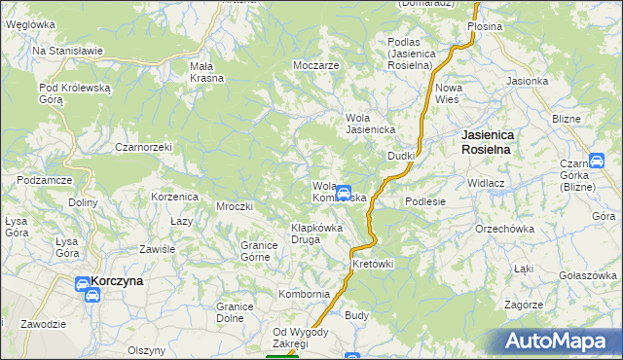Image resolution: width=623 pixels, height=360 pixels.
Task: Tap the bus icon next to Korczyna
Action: pos(84,283)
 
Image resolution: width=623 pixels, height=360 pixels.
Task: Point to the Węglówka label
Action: pos(29,23)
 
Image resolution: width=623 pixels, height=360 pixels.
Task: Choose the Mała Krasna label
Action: pos(207,72)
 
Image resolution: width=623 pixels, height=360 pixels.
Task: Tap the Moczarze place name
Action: pos(315,65)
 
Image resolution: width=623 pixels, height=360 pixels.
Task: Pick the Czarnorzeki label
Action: pos(143,147)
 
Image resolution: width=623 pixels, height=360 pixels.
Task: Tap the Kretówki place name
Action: pos(373,264)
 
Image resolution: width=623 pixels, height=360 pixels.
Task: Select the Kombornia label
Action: pos(304,293)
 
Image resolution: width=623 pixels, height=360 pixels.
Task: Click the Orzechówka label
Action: pos(505,229)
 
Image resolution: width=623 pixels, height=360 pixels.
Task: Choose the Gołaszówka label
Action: pos(590,275)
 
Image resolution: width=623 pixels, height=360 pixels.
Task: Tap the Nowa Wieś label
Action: pos(449,93)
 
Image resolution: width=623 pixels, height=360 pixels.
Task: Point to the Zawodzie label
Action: pos(43,323)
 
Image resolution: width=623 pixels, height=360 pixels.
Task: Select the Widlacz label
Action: pos(485,183)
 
